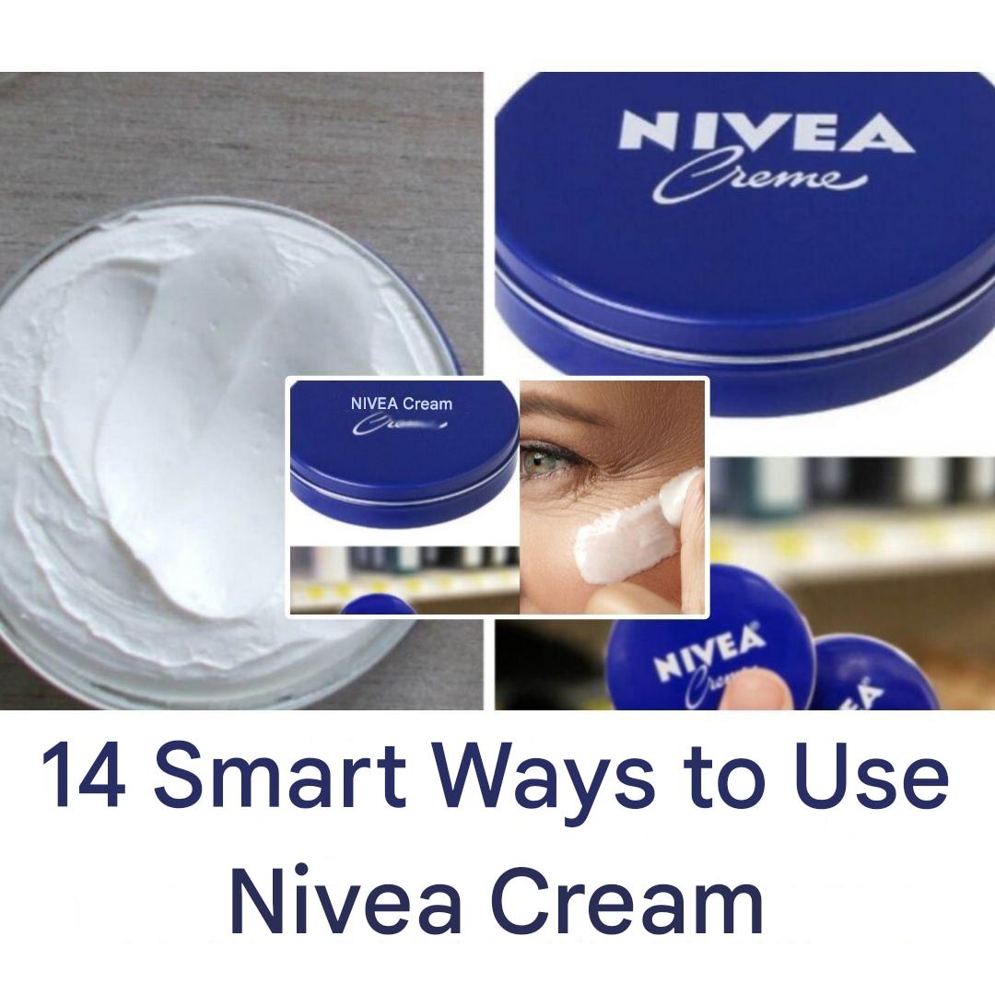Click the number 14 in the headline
click(83, 777)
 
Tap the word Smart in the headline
click(280, 777)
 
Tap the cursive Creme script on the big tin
click(755, 179)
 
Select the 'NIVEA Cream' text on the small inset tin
click(401, 404)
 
